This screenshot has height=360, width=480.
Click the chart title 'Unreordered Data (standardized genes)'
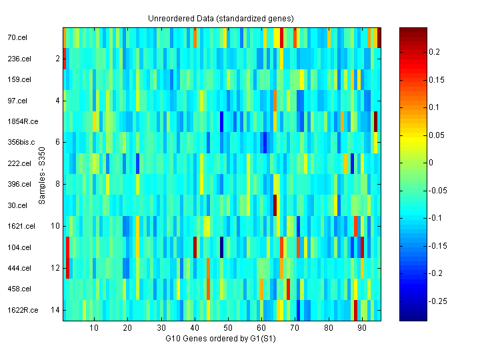tap(221, 17)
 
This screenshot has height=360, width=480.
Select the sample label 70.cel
tap(17, 38)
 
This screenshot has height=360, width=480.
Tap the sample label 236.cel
tap(19, 59)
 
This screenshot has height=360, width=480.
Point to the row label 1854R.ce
tap(23, 121)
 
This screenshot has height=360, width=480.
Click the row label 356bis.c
tap(21, 142)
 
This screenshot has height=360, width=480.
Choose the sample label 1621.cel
tap(21, 226)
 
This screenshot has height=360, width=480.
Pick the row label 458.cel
tap(19, 289)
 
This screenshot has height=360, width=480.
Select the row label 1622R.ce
tap(23, 309)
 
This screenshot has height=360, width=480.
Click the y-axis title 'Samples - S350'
tap(43, 175)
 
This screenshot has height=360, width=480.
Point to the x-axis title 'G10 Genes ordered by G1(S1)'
tap(221, 339)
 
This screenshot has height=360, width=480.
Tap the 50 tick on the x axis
tap(228, 328)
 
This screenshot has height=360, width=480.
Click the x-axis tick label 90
tap(362, 328)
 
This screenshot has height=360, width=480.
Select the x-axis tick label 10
tap(94, 328)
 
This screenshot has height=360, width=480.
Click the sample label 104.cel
tap(19, 247)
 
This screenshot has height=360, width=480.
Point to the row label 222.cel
tap(19, 163)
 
